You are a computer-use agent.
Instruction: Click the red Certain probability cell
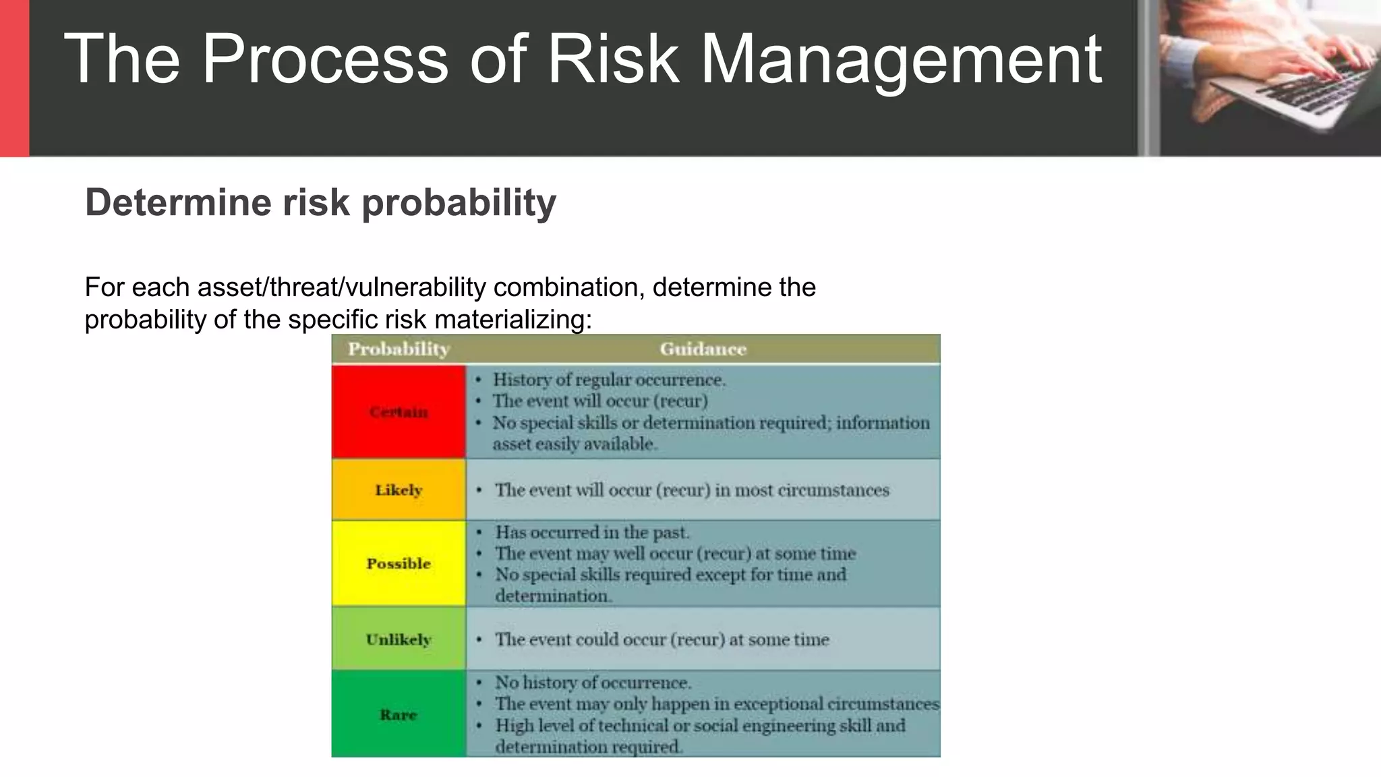point(399,412)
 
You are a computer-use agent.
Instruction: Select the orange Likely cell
point(399,490)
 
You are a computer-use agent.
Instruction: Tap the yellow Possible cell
point(399,564)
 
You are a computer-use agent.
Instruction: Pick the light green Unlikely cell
point(399,639)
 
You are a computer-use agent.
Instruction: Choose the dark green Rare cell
point(399,714)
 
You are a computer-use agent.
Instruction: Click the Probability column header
point(399,349)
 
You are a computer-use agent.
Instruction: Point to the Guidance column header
point(703,349)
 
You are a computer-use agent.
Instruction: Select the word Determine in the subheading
point(178,202)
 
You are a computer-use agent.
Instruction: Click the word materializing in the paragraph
point(512,320)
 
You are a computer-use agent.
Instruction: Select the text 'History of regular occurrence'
point(609,380)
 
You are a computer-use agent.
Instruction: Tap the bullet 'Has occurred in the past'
point(592,533)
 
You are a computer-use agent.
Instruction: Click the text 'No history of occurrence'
point(593,683)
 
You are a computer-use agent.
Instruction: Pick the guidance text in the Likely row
point(692,490)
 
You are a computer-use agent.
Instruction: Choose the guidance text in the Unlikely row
point(662,639)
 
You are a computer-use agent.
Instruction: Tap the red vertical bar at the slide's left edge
point(14,78)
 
